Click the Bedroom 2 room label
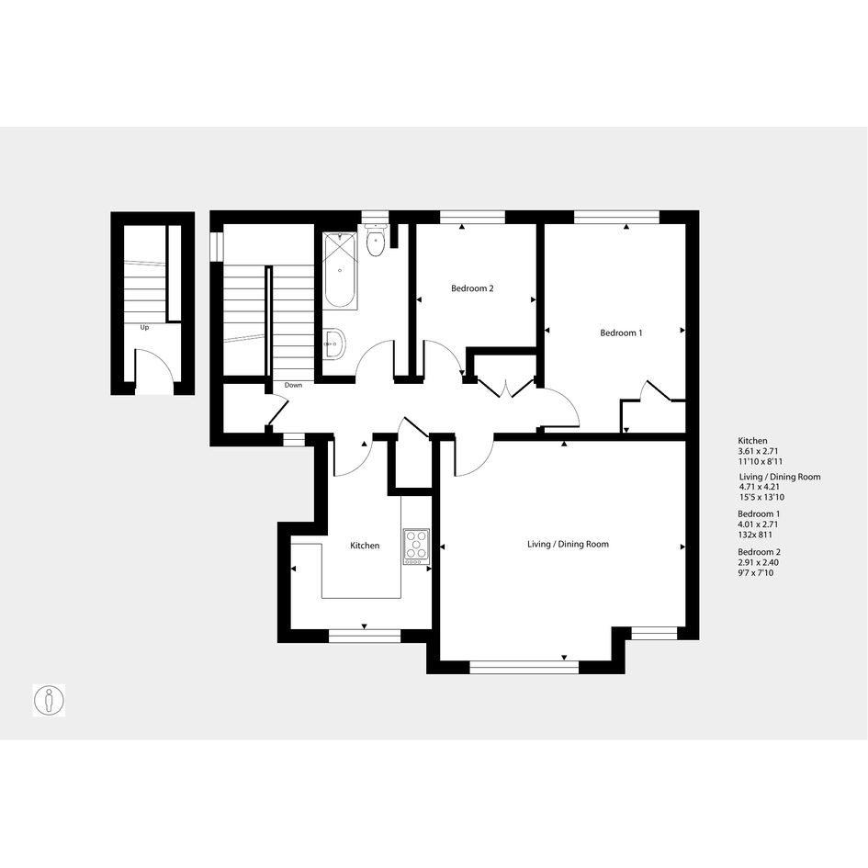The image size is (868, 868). (471, 288)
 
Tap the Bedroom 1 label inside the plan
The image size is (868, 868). (621, 333)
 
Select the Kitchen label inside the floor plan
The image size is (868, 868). (365, 546)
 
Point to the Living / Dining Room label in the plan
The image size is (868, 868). (568, 544)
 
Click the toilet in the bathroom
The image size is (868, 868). (376, 241)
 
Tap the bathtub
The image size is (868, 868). (341, 271)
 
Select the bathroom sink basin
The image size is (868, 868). (334, 344)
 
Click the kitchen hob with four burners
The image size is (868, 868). (416, 547)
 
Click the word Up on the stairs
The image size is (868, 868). (144, 327)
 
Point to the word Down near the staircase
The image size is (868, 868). (293, 385)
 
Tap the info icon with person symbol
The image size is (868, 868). (49, 700)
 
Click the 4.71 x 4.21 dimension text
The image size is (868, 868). (760, 487)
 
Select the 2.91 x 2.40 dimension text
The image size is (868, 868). (759, 562)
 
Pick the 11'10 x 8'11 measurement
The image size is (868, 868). (760, 462)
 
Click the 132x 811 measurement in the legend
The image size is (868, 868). (755, 535)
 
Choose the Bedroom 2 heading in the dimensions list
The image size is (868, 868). (759, 552)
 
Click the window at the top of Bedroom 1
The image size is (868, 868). (616, 217)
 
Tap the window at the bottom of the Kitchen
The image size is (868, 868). (365, 636)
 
